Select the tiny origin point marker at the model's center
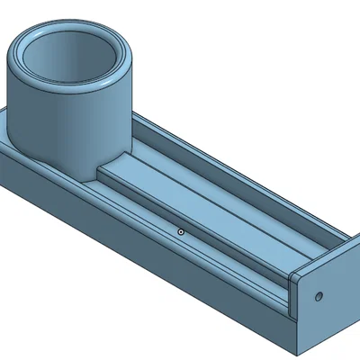pos(181,231)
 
